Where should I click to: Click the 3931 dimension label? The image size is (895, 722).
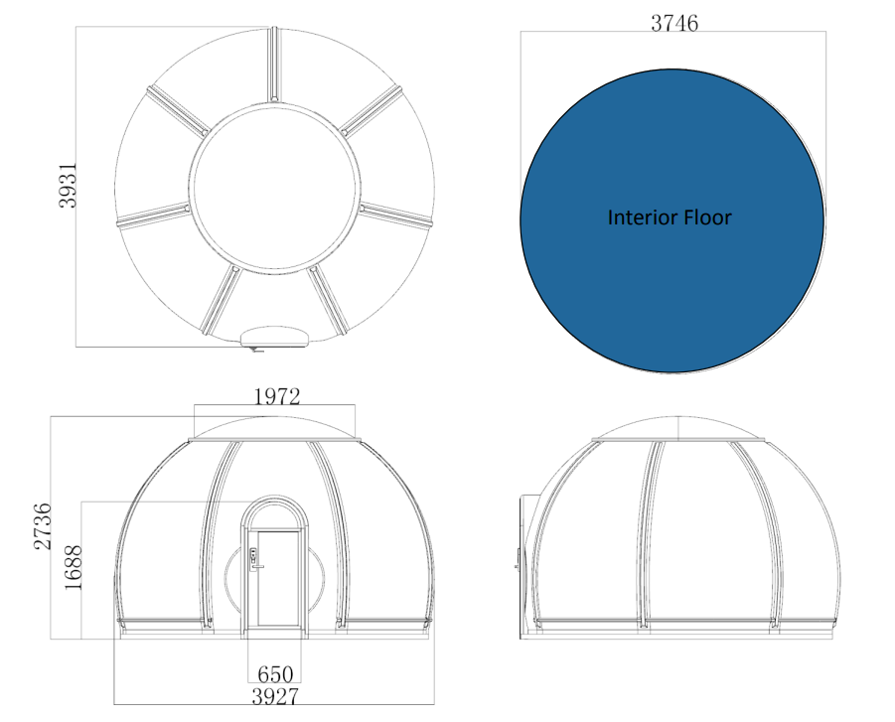68,185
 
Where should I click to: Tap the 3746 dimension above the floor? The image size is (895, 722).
674,23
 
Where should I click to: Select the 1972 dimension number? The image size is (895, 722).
276,396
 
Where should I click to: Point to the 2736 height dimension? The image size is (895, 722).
43,525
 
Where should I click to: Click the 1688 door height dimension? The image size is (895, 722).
74,567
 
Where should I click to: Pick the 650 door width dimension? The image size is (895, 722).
275,674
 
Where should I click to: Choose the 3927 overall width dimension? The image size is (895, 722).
275,696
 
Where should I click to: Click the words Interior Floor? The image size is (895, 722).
670,217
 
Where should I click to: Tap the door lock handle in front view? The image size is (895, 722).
254,559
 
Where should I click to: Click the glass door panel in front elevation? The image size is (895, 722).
278,578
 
